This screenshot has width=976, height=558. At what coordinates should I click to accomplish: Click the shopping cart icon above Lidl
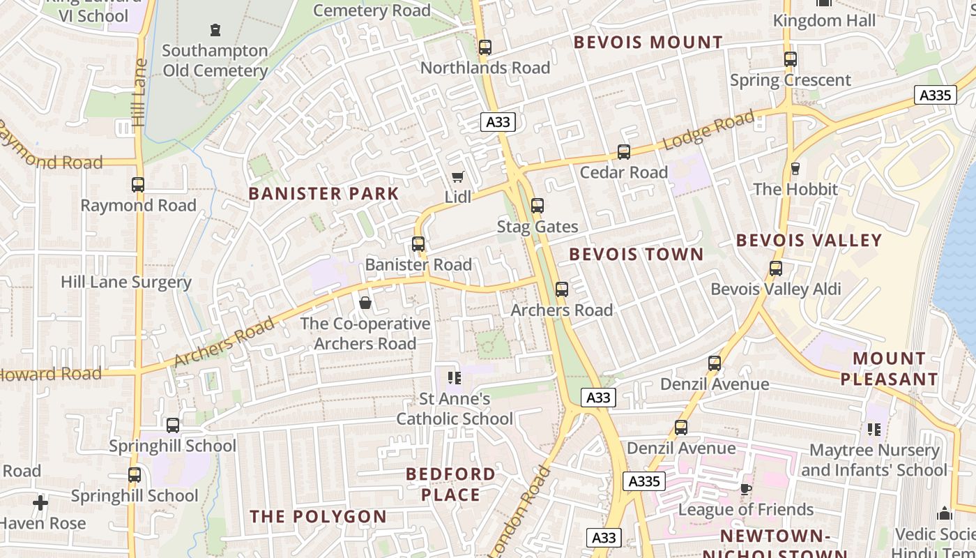click(457, 176)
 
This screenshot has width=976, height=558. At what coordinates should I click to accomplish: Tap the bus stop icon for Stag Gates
click(537, 206)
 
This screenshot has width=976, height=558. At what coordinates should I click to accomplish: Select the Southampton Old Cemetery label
click(215, 61)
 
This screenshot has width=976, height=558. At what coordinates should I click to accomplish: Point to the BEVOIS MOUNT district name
click(648, 43)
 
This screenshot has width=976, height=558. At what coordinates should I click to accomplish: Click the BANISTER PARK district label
click(323, 194)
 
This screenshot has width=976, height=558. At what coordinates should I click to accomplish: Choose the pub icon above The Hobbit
click(795, 169)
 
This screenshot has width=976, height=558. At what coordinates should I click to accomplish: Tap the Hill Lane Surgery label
click(125, 282)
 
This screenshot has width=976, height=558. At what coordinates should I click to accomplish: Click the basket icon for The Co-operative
click(365, 303)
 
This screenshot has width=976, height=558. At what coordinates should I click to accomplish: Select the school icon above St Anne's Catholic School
click(455, 378)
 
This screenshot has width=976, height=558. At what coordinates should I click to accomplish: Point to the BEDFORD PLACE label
click(451, 484)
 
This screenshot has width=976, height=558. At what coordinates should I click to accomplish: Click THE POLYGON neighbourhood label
click(318, 517)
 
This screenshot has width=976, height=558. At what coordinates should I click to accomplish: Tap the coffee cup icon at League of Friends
click(745, 489)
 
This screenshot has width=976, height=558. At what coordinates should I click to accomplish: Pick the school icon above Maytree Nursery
click(874, 430)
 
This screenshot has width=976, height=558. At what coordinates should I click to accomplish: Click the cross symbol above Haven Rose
click(40, 502)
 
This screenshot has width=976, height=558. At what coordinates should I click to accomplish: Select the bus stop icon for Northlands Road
click(485, 47)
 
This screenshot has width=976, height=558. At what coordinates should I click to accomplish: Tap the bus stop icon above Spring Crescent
click(790, 59)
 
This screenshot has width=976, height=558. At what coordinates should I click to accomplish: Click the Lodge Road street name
click(708, 130)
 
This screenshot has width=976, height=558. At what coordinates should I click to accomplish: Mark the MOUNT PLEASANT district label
click(889, 369)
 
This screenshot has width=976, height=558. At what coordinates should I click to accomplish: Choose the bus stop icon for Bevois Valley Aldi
click(775, 269)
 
